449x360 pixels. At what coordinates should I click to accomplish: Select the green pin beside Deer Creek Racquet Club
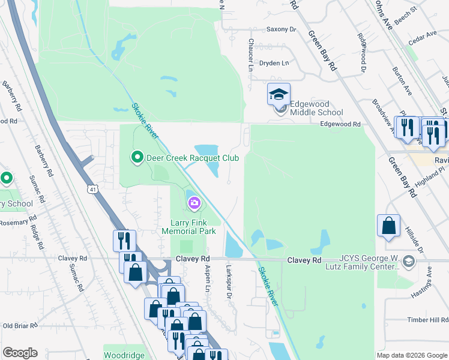[x=137, y=158]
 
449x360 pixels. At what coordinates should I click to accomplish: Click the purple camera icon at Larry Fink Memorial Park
[x=194, y=203]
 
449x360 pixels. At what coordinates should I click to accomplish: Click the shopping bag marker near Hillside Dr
[x=389, y=227]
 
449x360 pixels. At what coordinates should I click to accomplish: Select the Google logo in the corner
[x=20, y=353]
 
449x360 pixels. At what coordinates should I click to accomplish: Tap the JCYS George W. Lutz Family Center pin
[x=409, y=261]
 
